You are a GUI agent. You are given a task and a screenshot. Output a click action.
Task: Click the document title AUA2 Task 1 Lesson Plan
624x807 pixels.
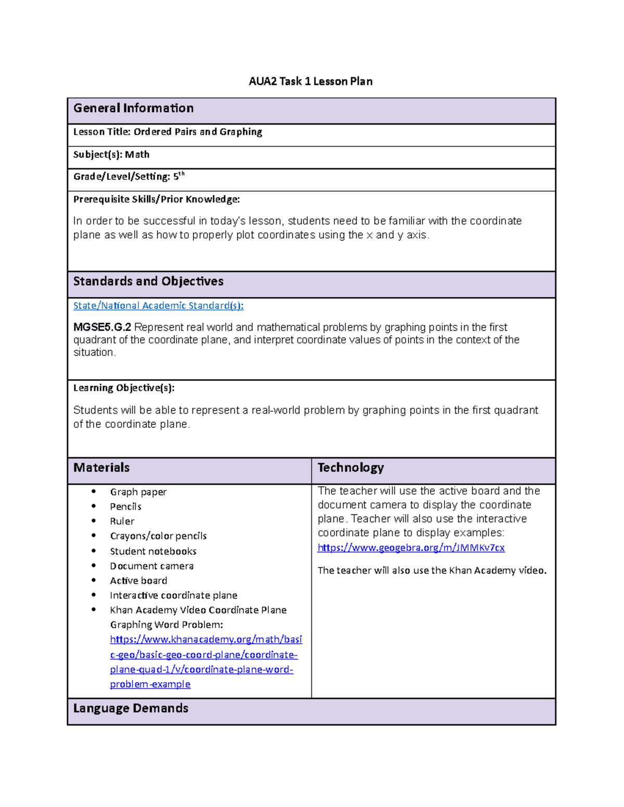[310, 81]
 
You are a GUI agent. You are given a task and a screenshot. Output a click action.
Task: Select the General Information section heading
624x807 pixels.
[134, 108]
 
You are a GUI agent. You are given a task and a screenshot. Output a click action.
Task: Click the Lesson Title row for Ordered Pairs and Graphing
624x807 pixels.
[167, 132]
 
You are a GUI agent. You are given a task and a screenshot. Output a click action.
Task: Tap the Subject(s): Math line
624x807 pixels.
[111, 155]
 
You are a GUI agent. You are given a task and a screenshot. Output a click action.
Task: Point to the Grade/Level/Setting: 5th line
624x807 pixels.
[128, 177]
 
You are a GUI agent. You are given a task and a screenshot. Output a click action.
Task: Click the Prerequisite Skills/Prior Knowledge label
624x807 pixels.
[157, 200]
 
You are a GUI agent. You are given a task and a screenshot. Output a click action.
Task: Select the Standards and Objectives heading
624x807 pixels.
[148, 281]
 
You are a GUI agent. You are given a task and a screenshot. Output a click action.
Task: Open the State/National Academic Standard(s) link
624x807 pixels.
[158, 306]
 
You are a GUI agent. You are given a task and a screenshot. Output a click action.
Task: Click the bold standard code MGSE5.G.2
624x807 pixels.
[102, 327]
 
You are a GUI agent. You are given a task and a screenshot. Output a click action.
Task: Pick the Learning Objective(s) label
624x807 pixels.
[124, 388]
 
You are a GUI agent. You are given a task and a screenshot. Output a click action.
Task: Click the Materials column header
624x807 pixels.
[101, 468]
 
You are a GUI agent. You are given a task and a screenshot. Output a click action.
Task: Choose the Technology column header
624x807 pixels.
[350, 468]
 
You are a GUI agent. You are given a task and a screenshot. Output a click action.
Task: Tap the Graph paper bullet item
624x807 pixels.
[138, 492]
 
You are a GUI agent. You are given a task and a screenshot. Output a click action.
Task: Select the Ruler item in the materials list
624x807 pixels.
[122, 521]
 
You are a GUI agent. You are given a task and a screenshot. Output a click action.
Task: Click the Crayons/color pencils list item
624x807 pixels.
[158, 536]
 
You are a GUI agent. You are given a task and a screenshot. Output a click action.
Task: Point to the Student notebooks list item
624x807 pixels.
[153, 551]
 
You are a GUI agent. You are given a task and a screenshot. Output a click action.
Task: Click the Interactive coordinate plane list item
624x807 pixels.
[173, 596]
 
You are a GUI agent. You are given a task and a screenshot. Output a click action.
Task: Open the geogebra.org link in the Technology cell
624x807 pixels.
[411, 548]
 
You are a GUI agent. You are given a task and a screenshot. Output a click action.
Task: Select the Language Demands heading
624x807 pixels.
[131, 708]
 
